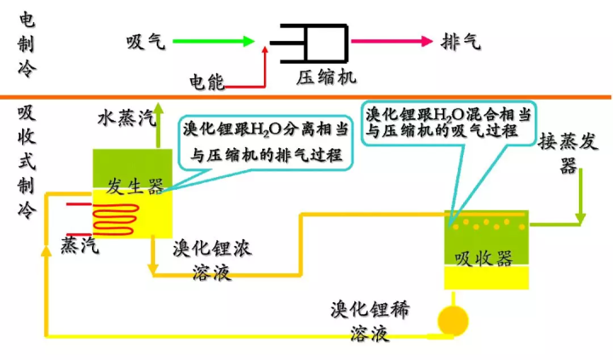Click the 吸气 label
[146, 41]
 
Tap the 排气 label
[461, 41]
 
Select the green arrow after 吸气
[214, 41]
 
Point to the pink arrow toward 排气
[392, 41]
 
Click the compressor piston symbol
[309, 43]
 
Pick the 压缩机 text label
[326, 77]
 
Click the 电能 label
[206, 82]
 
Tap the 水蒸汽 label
[126, 117]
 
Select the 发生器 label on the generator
[135, 186]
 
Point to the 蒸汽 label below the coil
[80, 245]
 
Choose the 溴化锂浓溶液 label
[212, 260]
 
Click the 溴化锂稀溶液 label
[370, 321]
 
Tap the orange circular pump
[453, 321]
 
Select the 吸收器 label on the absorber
[484, 258]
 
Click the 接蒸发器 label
[568, 152]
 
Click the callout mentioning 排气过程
[266, 142]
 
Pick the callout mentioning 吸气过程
[449, 123]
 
